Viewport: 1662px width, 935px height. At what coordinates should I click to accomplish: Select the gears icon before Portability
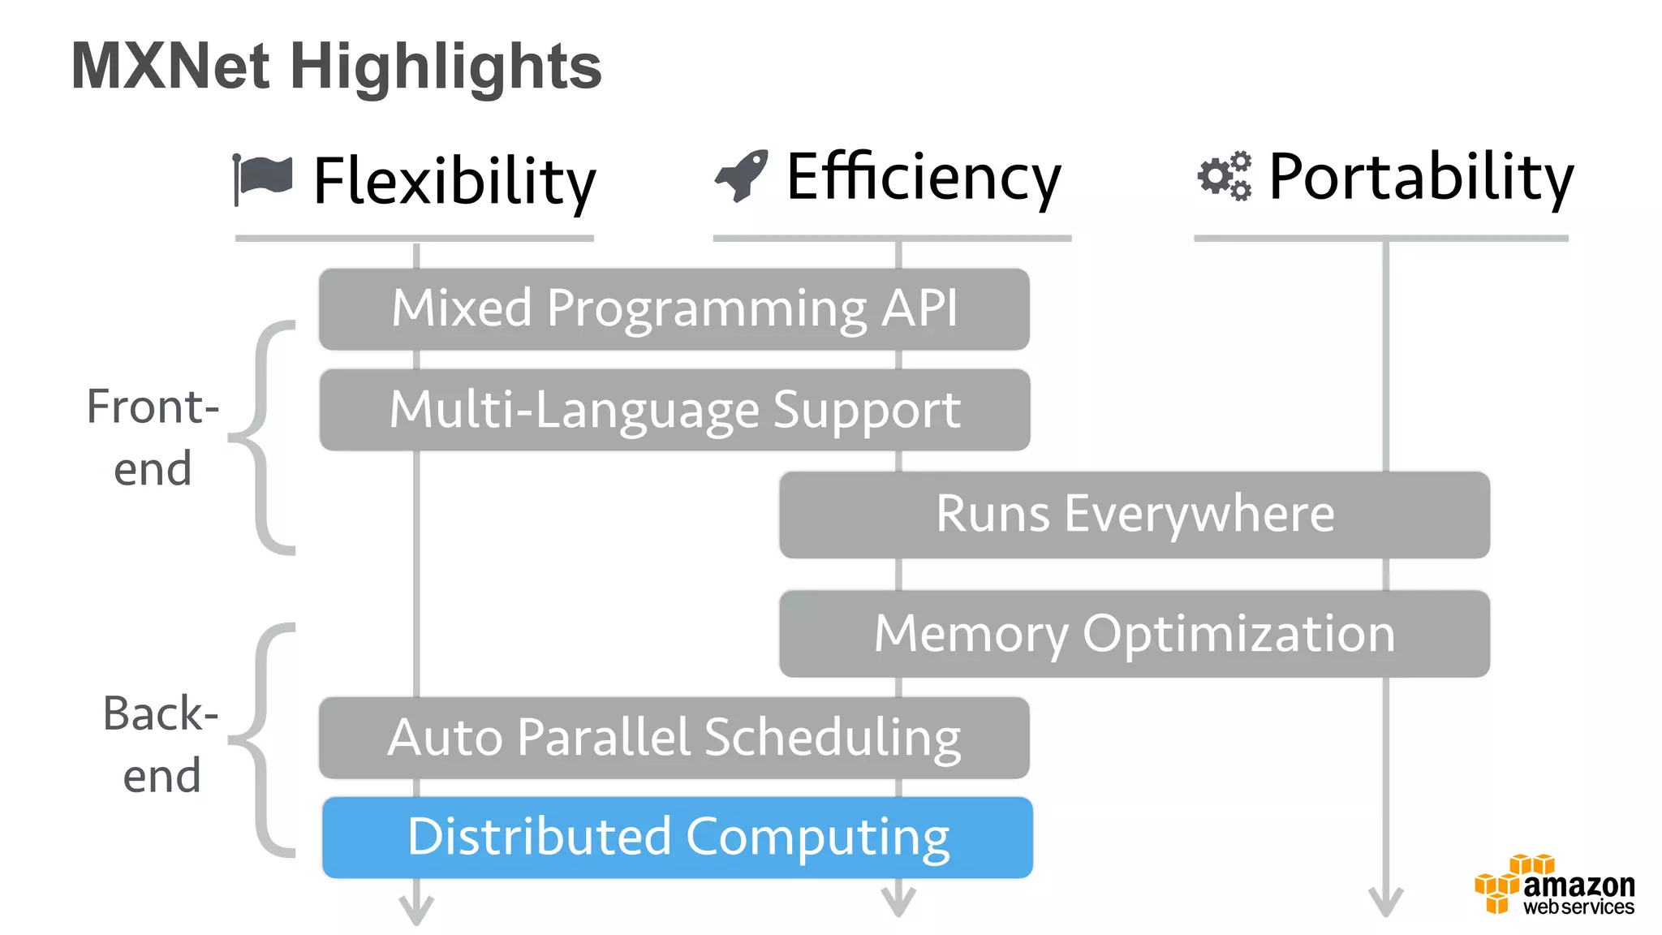click(x=1224, y=175)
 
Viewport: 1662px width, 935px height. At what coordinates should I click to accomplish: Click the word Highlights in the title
click(x=446, y=67)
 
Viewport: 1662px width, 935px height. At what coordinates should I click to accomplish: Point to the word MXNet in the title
click(x=170, y=67)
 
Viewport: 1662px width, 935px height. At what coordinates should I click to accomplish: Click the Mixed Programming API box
click(x=674, y=309)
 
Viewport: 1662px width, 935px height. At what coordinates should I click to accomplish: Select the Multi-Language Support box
click(x=674, y=410)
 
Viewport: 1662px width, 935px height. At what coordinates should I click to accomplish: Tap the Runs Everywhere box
click(x=1134, y=515)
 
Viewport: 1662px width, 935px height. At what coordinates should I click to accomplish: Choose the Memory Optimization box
click(x=1134, y=634)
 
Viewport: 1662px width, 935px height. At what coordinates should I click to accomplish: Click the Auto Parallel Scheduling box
click(x=674, y=738)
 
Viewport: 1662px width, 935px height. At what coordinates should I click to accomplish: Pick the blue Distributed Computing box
click(x=677, y=838)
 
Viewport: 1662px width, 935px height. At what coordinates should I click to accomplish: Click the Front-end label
click(x=153, y=437)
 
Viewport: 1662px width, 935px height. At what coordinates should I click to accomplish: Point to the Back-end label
click(x=161, y=744)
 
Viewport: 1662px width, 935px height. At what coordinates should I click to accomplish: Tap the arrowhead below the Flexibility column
click(x=416, y=909)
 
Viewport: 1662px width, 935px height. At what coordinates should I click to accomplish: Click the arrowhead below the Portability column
click(x=1385, y=903)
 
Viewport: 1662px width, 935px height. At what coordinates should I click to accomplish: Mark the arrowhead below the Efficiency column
click(x=898, y=903)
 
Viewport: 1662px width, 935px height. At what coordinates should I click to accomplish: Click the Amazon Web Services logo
click(x=1555, y=885)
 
